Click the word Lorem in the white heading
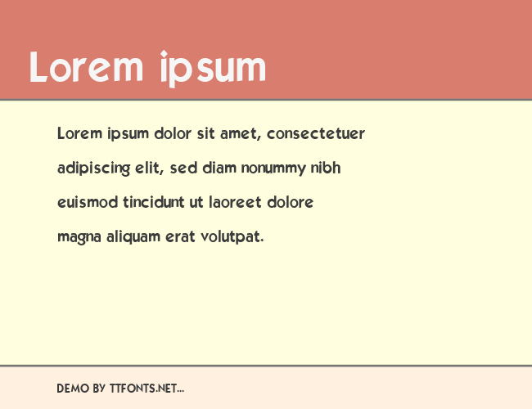pos(86,67)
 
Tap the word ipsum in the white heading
pos(213,69)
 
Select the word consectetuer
pos(316,133)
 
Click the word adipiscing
pos(93,169)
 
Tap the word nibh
pos(326,168)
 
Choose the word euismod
pos(88,202)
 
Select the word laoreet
pos(235,202)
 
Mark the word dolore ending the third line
pos(290,202)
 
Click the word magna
pos(79,237)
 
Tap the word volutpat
pos(232,236)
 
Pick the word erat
pos(180,236)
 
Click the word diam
pos(219,168)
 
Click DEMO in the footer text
pos(73,389)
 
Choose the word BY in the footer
pos(99,389)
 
